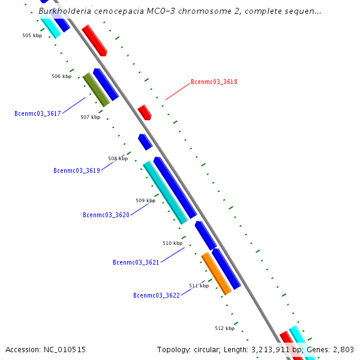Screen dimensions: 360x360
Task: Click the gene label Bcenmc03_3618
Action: pyautogui.click(x=214, y=82)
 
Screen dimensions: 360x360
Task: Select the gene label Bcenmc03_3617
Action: pyautogui.click(x=38, y=113)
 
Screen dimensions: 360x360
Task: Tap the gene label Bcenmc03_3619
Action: pyautogui.click(x=76, y=170)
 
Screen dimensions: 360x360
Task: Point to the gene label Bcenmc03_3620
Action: pyautogui.click(x=106, y=215)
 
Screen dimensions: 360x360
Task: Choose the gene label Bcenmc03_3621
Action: pyautogui.click(x=136, y=262)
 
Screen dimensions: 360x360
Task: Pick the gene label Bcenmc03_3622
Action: pyautogui.click(x=156, y=295)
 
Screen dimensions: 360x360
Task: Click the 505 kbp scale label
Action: pyautogui.click(x=32, y=36)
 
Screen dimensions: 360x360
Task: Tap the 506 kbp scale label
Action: pyautogui.click(x=61, y=76)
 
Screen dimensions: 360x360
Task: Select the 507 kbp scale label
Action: pyautogui.click(x=90, y=117)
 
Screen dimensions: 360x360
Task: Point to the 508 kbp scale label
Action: pyautogui.click(x=118, y=158)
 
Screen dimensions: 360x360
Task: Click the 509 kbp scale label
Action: pyautogui.click(x=145, y=200)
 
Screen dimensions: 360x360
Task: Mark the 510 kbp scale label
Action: pyautogui.click(x=172, y=243)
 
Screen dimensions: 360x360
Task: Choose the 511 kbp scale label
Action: pyautogui.click(x=199, y=286)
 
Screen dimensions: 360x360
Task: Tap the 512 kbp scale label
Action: pyautogui.click(x=224, y=328)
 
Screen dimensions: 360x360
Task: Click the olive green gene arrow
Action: pyautogui.click(x=96, y=89)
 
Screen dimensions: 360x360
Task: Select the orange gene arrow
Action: pyautogui.click(x=216, y=273)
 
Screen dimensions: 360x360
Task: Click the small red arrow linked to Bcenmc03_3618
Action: pyautogui.click(x=145, y=112)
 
